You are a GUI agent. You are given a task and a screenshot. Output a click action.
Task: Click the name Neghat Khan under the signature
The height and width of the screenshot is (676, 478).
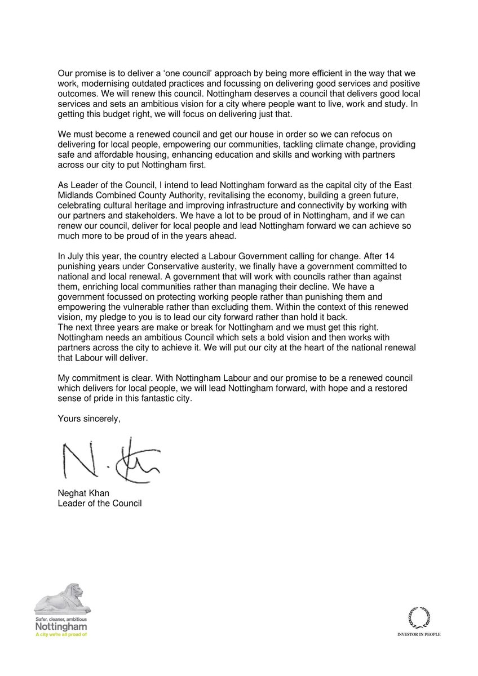click(x=83, y=493)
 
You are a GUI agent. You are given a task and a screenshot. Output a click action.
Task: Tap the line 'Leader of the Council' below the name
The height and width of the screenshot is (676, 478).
click(x=100, y=502)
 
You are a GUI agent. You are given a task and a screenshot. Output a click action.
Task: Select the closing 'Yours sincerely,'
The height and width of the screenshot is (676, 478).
click(x=89, y=418)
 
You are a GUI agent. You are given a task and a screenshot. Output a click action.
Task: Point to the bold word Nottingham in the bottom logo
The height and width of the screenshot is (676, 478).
click(x=61, y=626)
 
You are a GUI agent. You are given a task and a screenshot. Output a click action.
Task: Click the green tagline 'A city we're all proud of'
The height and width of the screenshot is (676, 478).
click(x=61, y=634)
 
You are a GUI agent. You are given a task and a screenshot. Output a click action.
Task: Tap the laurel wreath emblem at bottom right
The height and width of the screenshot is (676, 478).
click(x=418, y=617)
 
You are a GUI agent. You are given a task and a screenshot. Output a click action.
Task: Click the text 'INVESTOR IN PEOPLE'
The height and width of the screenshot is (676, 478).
click(x=418, y=634)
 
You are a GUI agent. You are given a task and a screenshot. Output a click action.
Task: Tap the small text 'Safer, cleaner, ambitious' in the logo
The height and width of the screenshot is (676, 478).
click(x=61, y=618)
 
